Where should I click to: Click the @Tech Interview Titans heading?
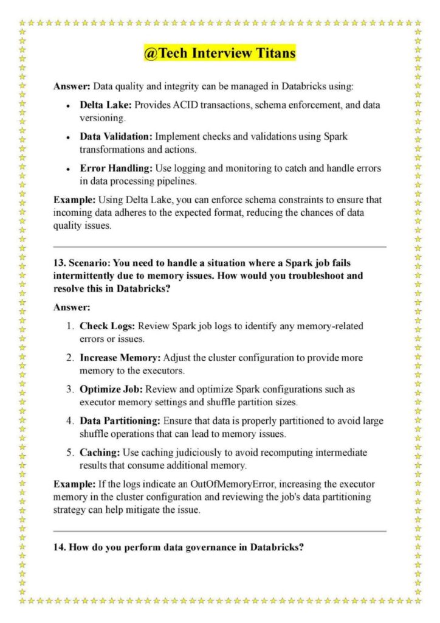[x=220, y=54]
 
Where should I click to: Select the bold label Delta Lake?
[x=106, y=105]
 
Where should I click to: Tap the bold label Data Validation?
[x=117, y=136]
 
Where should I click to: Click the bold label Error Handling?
[x=115, y=168]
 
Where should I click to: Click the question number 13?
[x=59, y=262]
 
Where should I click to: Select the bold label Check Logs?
[x=108, y=326]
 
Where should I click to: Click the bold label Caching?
[x=100, y=453]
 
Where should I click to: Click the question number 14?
[x=59, y=546]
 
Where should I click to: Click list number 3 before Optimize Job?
[x=70, y=389]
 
